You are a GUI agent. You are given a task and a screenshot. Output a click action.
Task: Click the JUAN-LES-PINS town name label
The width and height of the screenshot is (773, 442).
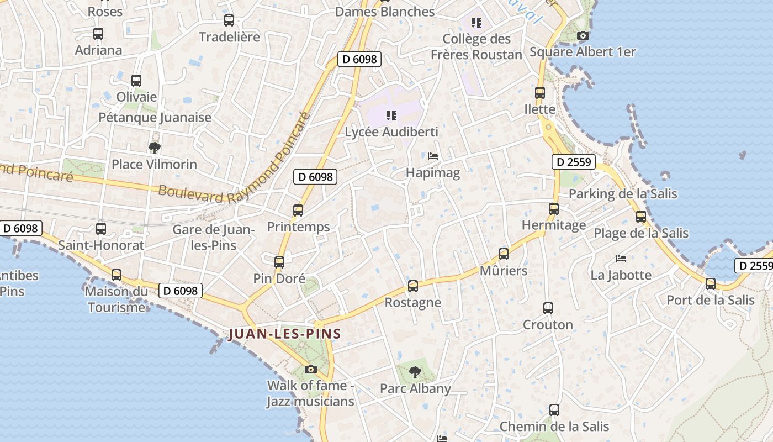[x=284, y=334]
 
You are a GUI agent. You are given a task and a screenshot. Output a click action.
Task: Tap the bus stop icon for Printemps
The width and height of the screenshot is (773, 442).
[x=298, y=210]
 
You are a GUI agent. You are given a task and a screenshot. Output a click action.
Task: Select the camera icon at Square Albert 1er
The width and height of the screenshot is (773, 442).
[x=583, y=36]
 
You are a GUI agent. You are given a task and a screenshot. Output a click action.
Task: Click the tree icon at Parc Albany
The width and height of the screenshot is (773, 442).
[x=415, y=372]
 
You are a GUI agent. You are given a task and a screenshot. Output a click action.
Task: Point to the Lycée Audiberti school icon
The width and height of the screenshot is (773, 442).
[x=391, y=115]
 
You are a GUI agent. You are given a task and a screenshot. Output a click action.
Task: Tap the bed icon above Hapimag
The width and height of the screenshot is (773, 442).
[x=433, y=156]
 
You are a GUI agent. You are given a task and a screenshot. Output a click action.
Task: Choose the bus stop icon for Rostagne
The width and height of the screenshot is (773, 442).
[x=413, y=286]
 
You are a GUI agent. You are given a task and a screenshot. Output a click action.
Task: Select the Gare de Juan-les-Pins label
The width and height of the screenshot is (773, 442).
[x=213, y=238]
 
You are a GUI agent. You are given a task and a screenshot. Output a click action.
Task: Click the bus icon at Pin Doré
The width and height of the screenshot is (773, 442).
[x=279, y=262]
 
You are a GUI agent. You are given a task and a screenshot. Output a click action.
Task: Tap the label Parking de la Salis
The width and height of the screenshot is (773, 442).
[x=623, y=194]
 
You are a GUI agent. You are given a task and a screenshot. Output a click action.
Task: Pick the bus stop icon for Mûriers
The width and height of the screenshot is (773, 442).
[x=504, y=254]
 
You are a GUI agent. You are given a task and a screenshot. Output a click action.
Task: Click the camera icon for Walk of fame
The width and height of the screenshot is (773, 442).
[x=311, y=369]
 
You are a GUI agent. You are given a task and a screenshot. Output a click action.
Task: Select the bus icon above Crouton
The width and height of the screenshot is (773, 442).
[x=548, y=308]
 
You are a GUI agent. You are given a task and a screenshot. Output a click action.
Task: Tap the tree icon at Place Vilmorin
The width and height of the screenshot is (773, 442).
[x=155, y=148]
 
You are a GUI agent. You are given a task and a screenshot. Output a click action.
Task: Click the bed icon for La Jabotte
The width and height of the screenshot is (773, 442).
[x=621, y=258]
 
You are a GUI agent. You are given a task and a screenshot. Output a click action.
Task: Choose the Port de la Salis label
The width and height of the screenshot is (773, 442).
[x=711, y=301]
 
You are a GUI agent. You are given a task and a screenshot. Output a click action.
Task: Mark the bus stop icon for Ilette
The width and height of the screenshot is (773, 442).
[x=540, y=93]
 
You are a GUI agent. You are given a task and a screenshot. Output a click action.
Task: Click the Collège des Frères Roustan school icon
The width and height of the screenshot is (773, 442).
[x=476, y=23]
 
